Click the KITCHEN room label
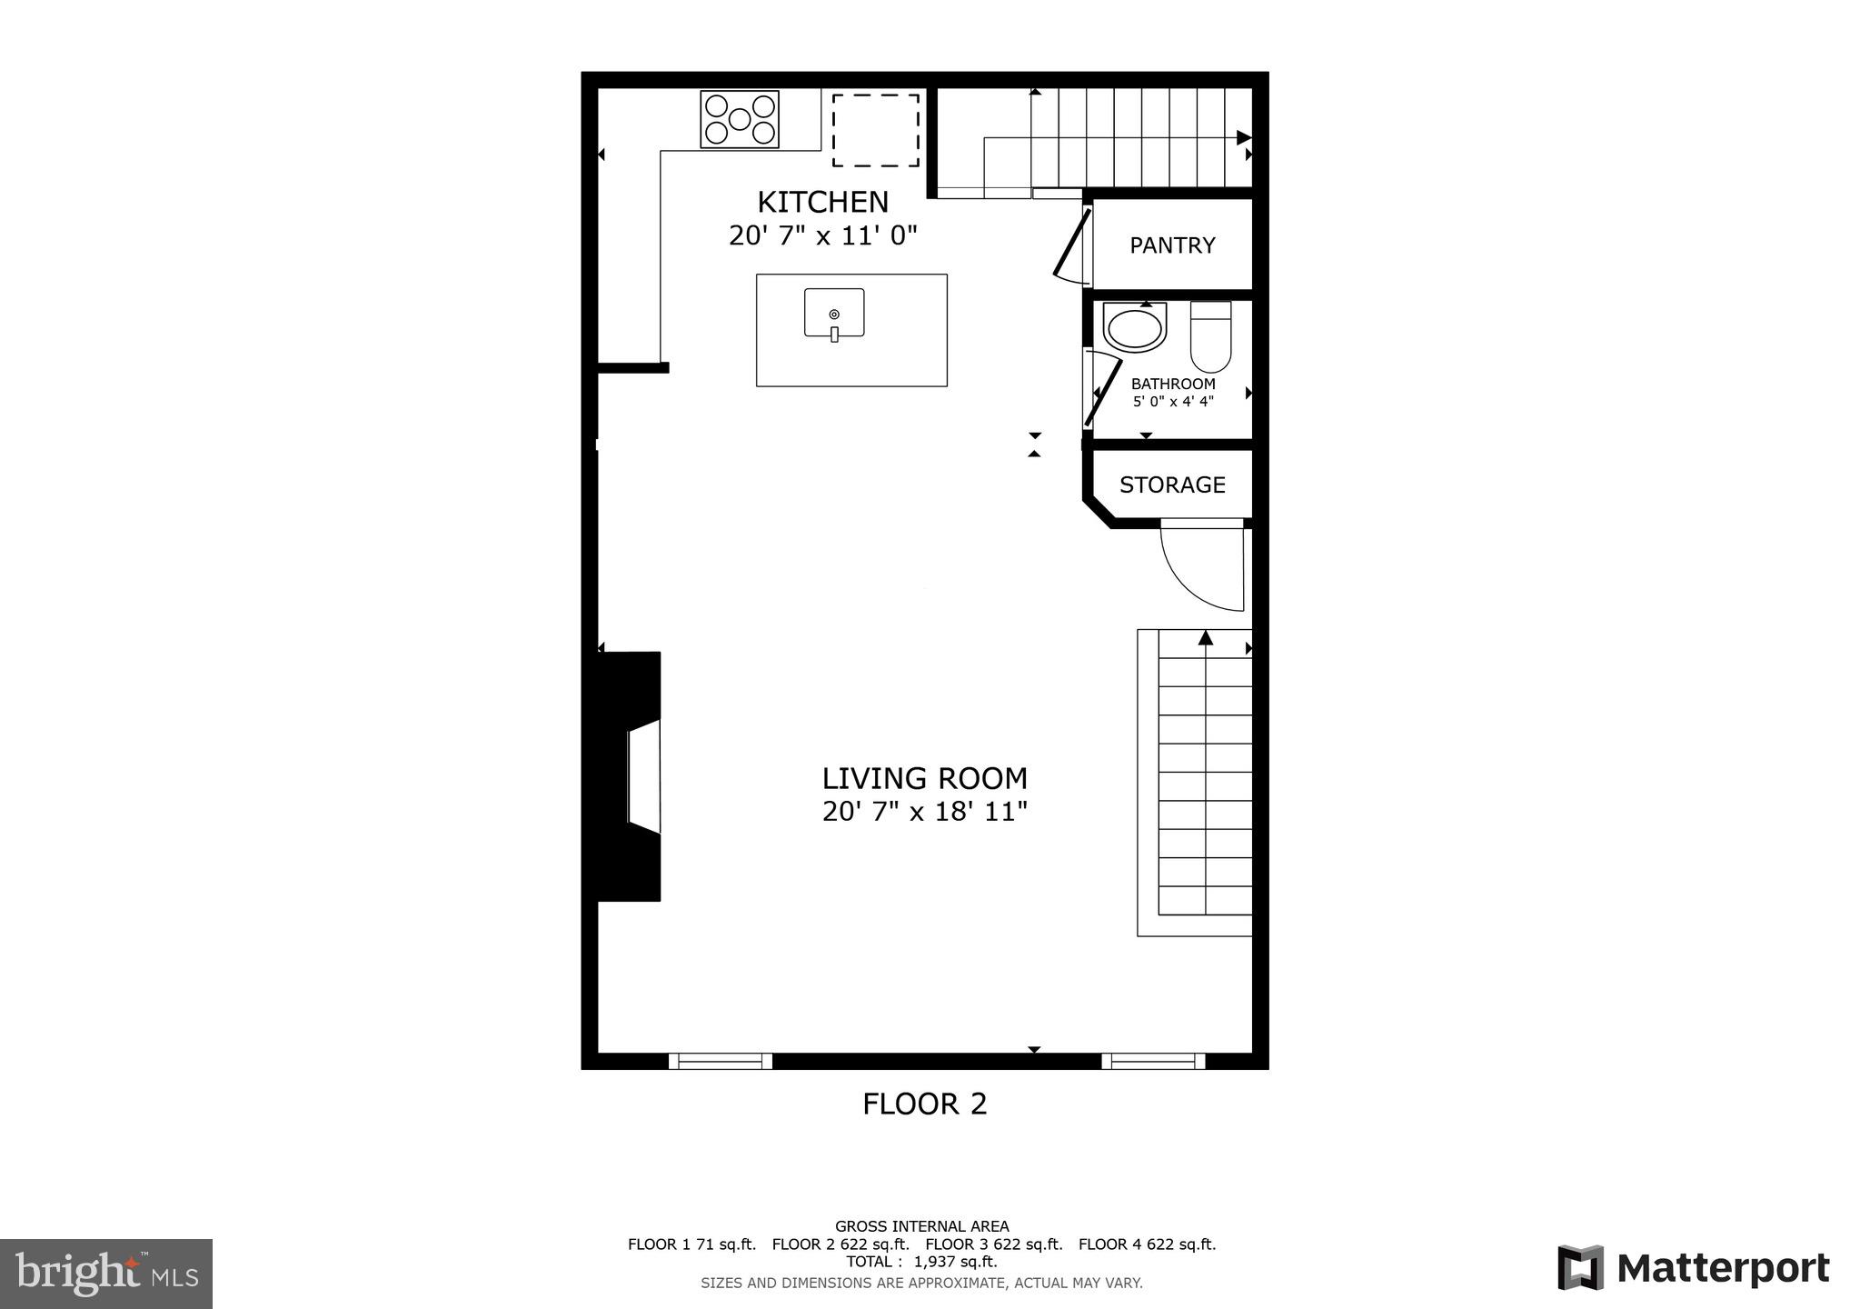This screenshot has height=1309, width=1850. [822, 201]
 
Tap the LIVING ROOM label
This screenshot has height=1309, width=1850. [924, 778]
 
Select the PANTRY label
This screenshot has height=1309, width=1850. [1172, 245]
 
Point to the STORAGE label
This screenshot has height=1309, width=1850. [1172, 485]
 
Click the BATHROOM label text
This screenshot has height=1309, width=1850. [1173, 384]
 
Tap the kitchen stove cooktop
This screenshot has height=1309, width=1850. [740, 119]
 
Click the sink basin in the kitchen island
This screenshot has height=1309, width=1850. [834, 314]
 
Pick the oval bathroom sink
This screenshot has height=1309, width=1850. [1134, 328]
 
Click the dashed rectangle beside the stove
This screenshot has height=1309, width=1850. [876, 130]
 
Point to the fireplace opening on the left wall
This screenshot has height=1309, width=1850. [642, 777]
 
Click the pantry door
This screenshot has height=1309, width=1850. [1072, 243]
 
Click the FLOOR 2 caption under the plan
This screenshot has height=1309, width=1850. [924, 1104]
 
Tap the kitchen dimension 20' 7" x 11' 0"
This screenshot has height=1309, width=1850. [822, 235]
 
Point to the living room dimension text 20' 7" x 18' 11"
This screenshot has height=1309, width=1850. [924, 811]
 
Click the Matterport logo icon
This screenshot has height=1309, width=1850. [1580, 1267]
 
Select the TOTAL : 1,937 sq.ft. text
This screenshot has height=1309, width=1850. [921, 1262]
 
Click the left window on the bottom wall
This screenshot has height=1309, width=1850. [720, 1061]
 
